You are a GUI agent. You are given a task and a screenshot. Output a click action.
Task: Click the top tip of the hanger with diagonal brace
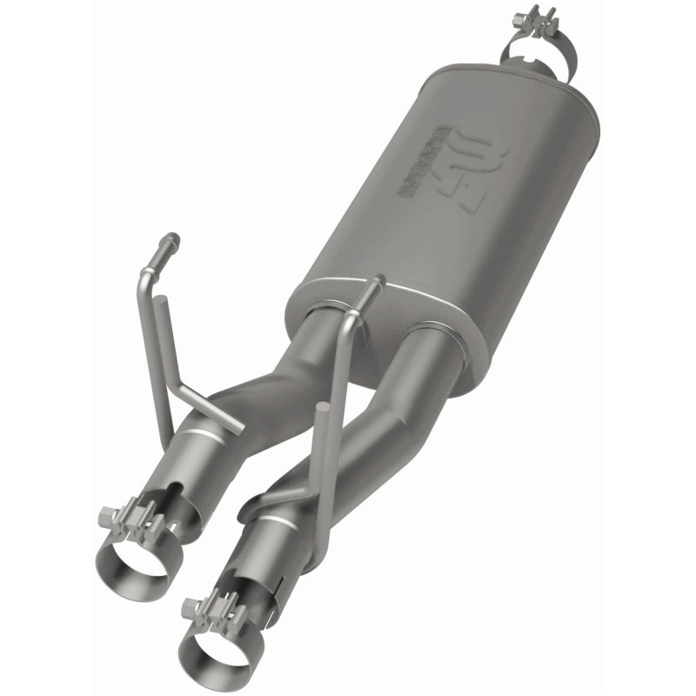[x=172, y=238]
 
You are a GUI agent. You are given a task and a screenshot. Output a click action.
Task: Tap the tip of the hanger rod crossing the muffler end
[x=378, y=280]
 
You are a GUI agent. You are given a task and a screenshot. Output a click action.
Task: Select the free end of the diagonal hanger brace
[x=238, y=427]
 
